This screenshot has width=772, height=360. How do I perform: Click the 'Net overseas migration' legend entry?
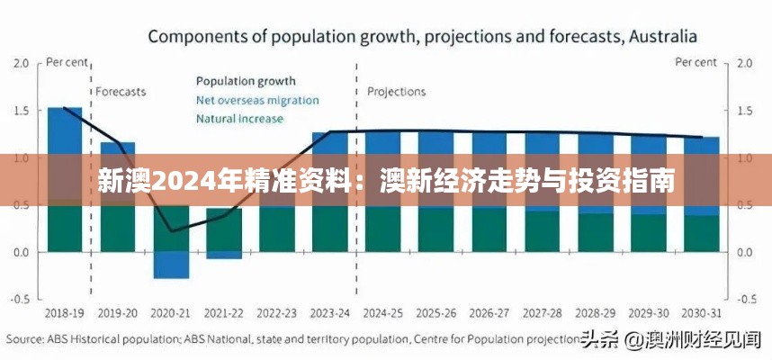pyautogui.click(x=257, y=100)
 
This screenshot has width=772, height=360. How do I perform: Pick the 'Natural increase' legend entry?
pyautogui.click(x=239, y=118)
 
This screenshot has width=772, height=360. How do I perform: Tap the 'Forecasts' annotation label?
pyautogui.click(x=121, y=92)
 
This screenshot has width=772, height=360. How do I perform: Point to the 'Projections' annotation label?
pyautogui.click(x=397, y=92)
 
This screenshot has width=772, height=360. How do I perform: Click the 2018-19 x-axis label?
pyautogui.click(x=66, y=313)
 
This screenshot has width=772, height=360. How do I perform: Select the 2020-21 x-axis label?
pyautogui.click(x=171, y=313)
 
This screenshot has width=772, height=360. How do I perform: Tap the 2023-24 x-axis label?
pyautogui.click(x=330, y=313)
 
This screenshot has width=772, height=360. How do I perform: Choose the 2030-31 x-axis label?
pyautogui.click(x=702, y=313)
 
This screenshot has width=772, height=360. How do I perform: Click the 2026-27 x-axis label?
pyautogui.click(x=489, y=313)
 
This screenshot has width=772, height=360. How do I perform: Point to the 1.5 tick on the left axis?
pyautogui.click(x=21, y=111)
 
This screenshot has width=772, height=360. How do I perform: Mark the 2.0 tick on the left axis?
pyautogui.click(x=21, y=64)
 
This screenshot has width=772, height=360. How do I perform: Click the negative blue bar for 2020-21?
pyautogui.click(x=171, y=265)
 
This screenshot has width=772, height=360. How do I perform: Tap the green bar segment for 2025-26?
pyautogui.click(x=436, y=229)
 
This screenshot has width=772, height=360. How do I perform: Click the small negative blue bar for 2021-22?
pyautogui.click(x=224, y=255)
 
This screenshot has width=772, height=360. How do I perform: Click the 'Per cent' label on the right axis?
pyautogui.click(x=696, y=63)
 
